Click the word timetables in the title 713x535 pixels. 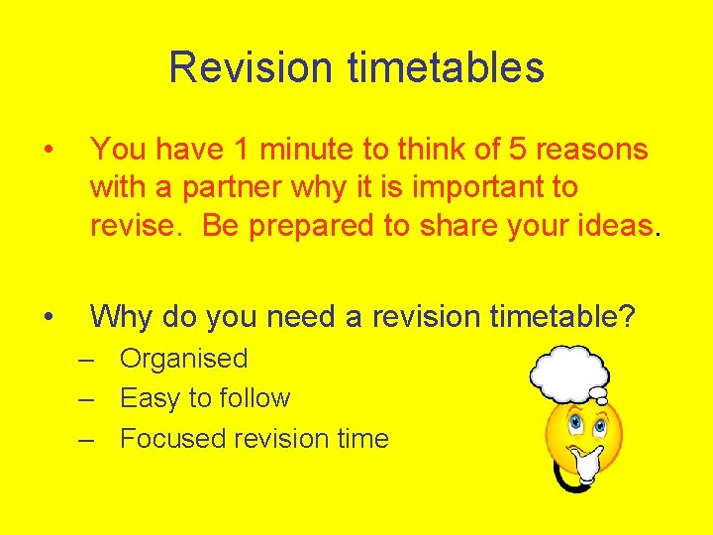coord(446,68)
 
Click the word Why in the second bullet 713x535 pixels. coord(120,316)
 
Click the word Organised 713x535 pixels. coord(183,359)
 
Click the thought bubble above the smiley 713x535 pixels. coord(569,372)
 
